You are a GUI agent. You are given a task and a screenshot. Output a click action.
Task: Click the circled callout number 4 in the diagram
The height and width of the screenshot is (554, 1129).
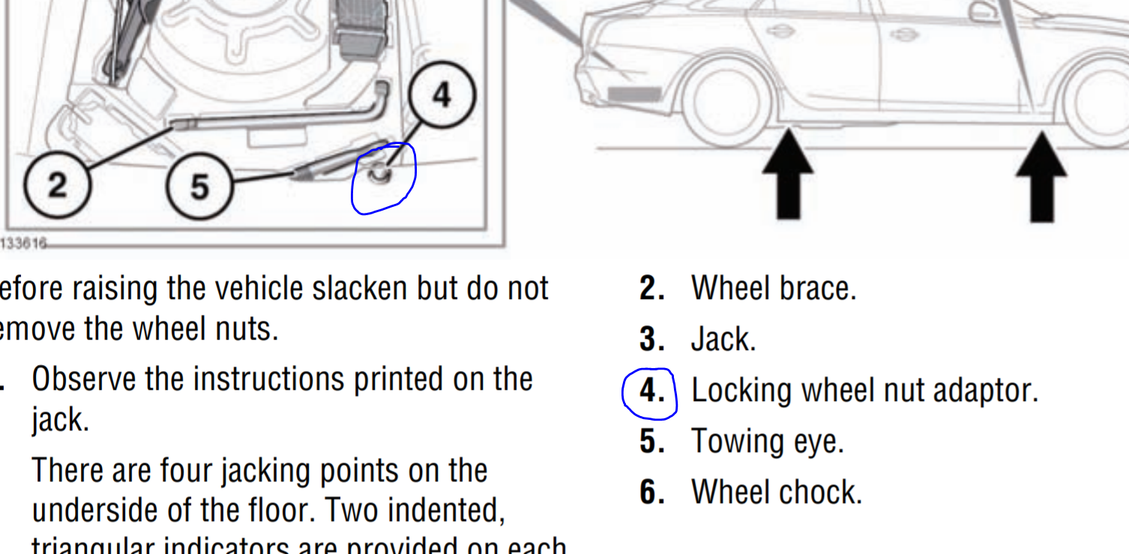(442, 95)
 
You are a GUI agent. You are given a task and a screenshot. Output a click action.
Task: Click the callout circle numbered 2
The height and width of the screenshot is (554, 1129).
(58, 184)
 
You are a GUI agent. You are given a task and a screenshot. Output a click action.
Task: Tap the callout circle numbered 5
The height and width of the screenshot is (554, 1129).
(199, 186)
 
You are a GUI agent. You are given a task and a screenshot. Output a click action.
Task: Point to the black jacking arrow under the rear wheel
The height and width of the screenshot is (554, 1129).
(788, 175)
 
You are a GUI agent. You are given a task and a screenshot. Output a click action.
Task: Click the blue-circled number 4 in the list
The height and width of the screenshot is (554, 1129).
(649, 391)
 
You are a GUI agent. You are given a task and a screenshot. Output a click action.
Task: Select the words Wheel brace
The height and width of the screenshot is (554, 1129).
(773, 288)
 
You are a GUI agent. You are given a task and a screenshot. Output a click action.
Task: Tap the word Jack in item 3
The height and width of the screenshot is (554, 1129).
(722, 340)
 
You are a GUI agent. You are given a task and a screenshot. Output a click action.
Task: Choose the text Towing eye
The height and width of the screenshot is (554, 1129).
(767, 442)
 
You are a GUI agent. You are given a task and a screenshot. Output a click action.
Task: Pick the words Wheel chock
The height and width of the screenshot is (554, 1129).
(776, 493)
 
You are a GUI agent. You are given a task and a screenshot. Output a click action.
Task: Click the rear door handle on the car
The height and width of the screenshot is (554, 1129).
(780, 31)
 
